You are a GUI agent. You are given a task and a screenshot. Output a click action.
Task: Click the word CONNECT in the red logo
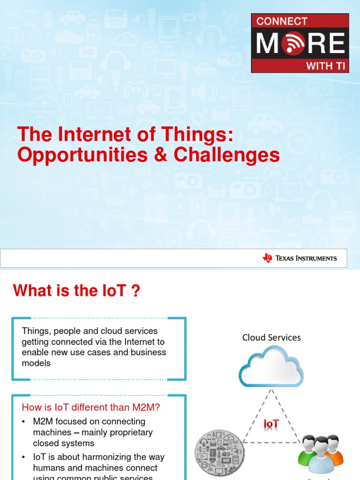point(282,21)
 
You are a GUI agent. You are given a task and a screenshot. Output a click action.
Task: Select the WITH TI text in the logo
point(325,66)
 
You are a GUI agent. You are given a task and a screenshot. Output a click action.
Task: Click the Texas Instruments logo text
point(306,258)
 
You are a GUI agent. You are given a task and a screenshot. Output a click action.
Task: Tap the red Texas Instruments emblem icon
point(268,258)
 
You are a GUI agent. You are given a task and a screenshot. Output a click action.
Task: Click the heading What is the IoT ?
point(76,291)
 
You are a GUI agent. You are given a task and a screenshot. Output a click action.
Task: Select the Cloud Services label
point(271,337)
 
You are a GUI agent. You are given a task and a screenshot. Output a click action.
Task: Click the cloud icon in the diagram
point(271,367)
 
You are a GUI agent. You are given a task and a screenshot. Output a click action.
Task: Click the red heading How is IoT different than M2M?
point(91,407)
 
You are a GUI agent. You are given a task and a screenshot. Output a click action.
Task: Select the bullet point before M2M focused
point(24,422)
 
